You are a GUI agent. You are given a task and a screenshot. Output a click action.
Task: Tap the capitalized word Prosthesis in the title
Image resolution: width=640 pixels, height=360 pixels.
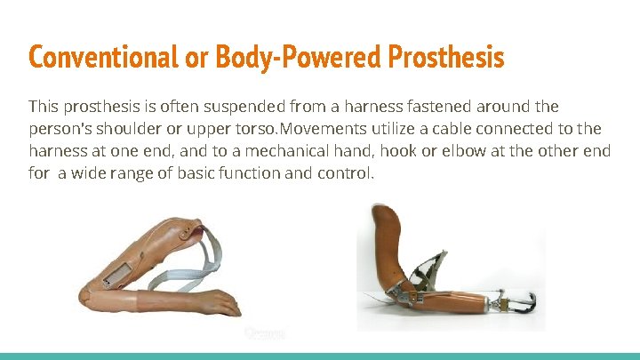tap(446, 58)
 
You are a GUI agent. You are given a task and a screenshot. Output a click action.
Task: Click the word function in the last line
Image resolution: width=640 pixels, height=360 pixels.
tap(253, 173)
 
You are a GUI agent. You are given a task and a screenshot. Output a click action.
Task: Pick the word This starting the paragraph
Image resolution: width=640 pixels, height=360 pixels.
tap(45, 107)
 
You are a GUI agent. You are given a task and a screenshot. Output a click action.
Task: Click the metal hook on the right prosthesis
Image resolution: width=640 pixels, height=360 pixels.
tap(524, 302)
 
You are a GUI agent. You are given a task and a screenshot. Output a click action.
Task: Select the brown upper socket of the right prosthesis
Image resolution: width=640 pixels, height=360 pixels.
tap(388, 231)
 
